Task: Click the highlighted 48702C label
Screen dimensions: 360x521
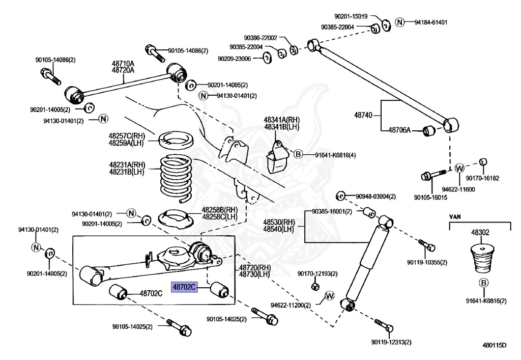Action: (x=184, y=287)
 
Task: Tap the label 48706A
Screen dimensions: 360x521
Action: (x=399, y=130)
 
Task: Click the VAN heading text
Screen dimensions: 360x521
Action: (x=456, y=215)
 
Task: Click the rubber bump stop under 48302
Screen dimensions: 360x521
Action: (x=479, y=260)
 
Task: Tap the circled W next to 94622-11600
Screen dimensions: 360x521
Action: (x=459, y=168)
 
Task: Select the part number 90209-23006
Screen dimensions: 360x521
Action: (x=234, y=59)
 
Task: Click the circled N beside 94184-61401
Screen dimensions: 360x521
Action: (x=400, y=22)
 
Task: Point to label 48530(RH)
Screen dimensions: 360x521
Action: (x=279, y=222)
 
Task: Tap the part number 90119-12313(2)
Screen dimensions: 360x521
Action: (x=391, y=342)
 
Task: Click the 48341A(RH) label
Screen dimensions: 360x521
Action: (x=281, y=120)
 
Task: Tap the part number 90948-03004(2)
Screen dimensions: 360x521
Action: (x=375, y=196)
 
